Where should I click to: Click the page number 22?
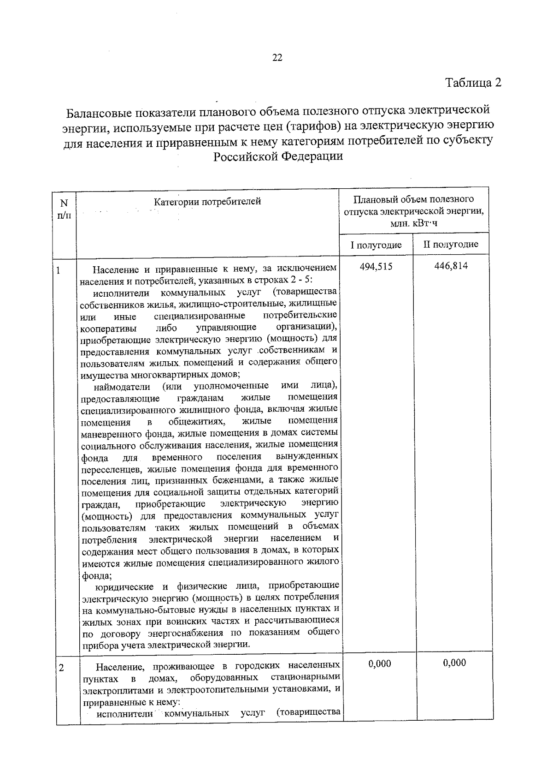(277, 58)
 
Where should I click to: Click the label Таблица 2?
(473, 83)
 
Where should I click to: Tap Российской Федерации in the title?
(278, 156)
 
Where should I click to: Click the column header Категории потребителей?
(207, 202)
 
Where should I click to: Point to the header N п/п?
(64, 209)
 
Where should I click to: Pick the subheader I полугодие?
(376, 245)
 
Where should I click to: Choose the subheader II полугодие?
(451, 245)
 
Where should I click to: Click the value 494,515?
(376, 267)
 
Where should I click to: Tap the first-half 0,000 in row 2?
(380, 664)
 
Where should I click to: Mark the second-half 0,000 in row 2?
(454, 663)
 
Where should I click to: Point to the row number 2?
(61, 668)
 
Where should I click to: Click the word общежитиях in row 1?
(196, 421)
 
